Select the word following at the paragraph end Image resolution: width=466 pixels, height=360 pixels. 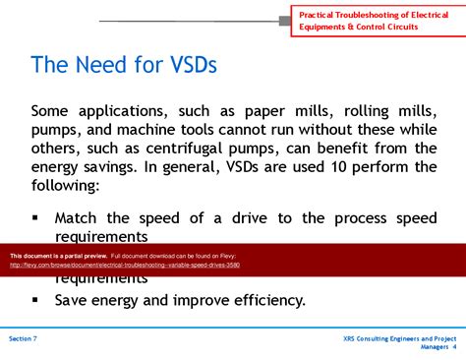[67, 186]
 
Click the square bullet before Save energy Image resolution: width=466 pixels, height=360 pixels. [36, 300]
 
